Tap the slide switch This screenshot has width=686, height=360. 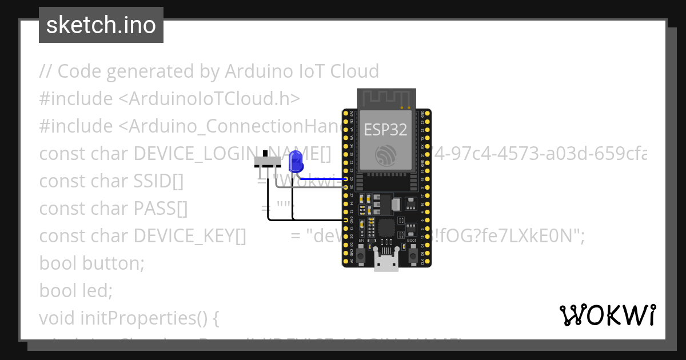(266, 162)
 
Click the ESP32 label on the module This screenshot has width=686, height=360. (386, 129)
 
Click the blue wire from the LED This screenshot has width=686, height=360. (323, 179)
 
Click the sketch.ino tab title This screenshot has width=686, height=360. (101, 25)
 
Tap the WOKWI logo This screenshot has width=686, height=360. (608, 315)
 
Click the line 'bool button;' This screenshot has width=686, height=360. (91, 263)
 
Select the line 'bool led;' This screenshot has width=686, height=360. (76, 290)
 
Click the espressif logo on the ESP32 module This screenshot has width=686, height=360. (386, 155)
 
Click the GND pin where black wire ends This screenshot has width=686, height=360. (346, 219)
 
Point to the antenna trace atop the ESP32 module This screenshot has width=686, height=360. (386, 98)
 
